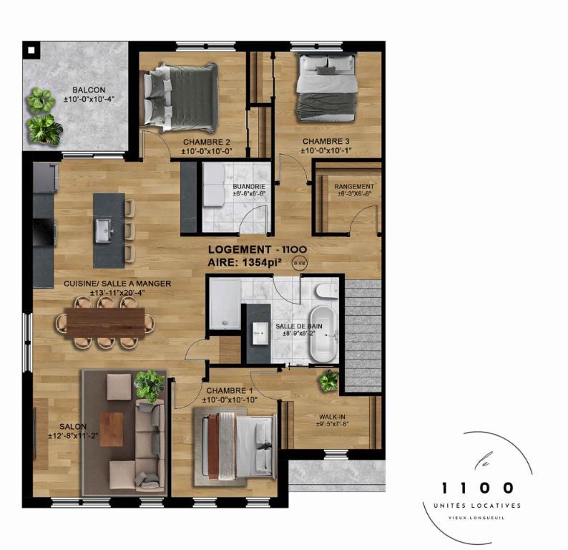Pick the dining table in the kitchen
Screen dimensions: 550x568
106,322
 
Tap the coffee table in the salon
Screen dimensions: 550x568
112,428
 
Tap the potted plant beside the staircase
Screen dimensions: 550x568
329,380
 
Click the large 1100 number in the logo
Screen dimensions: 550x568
479,488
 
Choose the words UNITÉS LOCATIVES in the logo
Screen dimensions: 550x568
479,506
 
